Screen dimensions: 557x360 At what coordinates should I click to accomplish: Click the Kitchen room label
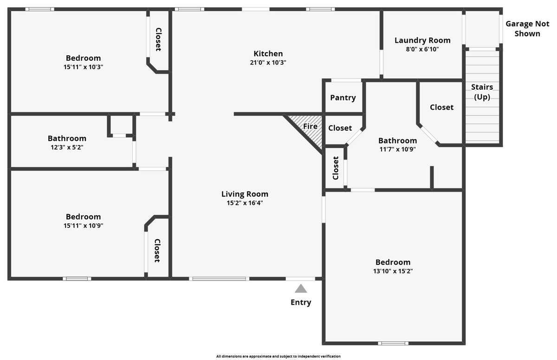tap(268, 53)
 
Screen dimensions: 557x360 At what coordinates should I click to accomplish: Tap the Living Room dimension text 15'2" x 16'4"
tap(245, 203)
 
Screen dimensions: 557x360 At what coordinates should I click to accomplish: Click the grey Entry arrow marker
tap(301, 288)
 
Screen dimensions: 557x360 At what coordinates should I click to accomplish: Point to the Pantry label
tap(343, 98)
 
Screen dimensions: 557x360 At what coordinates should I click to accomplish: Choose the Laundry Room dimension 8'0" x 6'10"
tap(422, 49)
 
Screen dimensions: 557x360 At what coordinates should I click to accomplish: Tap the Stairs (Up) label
tap(482, 92)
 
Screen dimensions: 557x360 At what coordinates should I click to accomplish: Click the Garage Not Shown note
tap(527, 29)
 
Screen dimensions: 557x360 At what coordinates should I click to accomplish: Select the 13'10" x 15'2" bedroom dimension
tap(393, 271)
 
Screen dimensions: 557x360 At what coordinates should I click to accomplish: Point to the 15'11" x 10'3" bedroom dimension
tap(83, 67)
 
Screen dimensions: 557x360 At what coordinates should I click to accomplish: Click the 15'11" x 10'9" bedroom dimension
tap(83, 226)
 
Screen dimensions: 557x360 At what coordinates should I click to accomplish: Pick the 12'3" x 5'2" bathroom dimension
tap(67, 147)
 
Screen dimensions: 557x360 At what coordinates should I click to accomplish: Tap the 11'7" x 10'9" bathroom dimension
tap(398, 149)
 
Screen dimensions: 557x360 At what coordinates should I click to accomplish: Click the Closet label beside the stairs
tap(441, 107)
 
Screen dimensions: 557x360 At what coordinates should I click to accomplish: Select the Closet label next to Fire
tap(340, 128)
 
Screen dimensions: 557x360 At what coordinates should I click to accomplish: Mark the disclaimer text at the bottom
tap(278, 356)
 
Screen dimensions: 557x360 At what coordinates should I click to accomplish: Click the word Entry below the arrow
tap(301, 302)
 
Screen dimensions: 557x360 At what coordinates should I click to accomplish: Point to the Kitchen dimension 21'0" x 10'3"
tap(268, 62)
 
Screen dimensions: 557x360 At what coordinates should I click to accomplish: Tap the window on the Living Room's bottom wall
tap(219, 279)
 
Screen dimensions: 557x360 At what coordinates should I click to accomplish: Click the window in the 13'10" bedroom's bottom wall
tap(393, 343)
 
